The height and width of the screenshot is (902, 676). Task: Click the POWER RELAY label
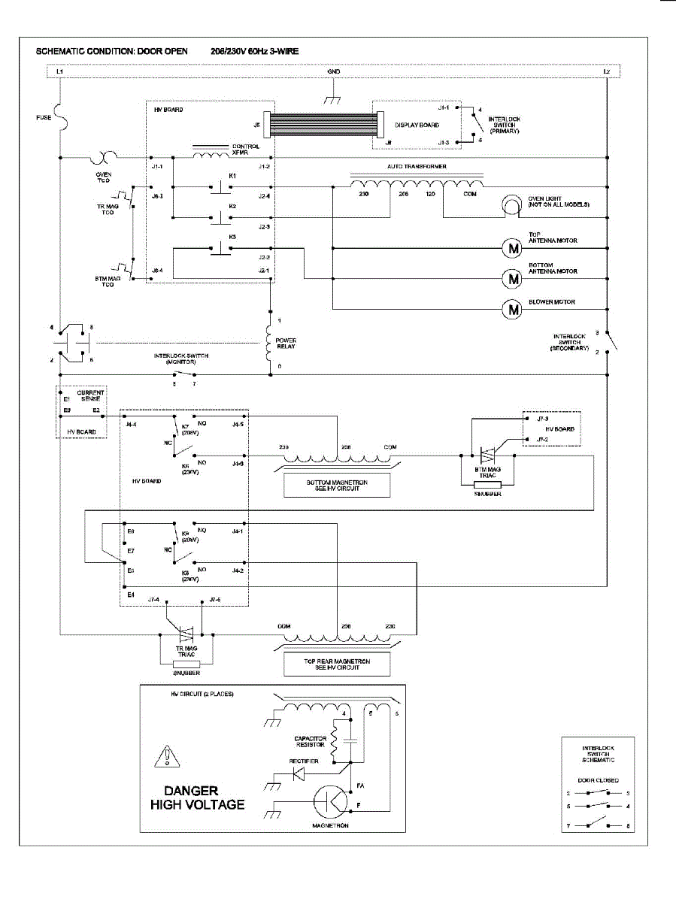pyautogui.click(x=286, y=344)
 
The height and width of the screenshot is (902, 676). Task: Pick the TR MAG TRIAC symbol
pyautogui.click(x=186, y=634)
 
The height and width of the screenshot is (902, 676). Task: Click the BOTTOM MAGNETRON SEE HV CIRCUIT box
pyautogui.click(x=336, y=486)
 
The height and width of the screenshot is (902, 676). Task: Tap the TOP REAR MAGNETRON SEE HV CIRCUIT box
pyautogui.click(x=336, y=663)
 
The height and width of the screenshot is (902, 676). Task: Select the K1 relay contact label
pyautogui.click(x=232, y=175)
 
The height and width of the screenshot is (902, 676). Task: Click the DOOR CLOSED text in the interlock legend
pyautogui.click(x=599, y=780)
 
